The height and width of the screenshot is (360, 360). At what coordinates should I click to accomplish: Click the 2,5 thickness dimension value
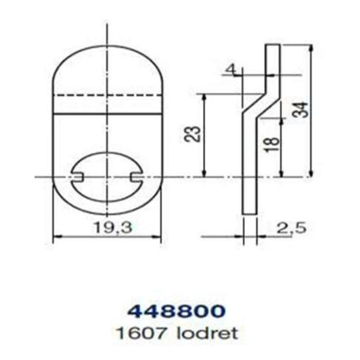coord(291,228)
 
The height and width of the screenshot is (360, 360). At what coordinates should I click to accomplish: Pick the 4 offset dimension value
coord(230,69)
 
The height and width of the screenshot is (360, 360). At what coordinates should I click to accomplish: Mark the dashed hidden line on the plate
coord(107,95)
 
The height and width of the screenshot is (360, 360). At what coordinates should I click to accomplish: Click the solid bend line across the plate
coord(107,113)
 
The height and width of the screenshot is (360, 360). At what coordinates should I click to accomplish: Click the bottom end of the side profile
coord(249,213)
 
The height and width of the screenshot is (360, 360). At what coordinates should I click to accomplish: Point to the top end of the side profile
coord(273,45)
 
